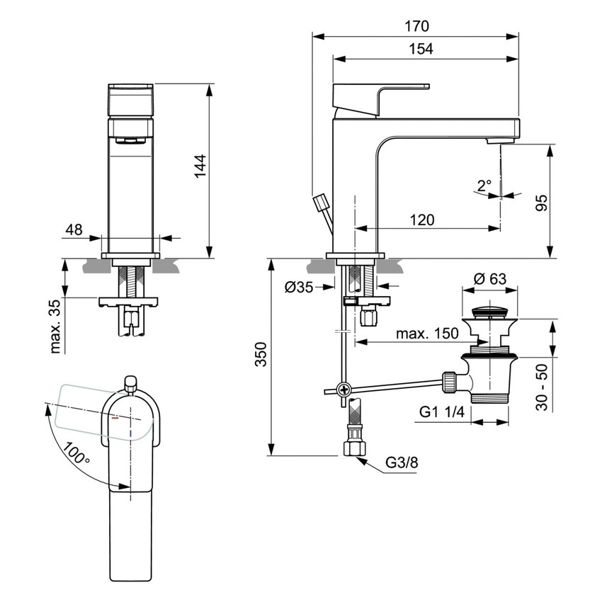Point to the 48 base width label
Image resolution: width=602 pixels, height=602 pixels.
click(x=74, y=229)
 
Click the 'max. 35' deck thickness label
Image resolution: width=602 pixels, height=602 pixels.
click(x=56, y=326)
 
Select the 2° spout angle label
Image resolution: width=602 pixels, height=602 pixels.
click(x=484, y=186)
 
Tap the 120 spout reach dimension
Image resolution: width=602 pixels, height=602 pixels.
click(x=422, y=220)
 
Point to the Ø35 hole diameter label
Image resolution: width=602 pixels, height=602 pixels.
click(x=299, y=287)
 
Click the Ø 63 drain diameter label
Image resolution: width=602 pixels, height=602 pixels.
click(x=489, y=279)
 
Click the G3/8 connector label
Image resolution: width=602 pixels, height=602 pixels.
click(x=402, y=463)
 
